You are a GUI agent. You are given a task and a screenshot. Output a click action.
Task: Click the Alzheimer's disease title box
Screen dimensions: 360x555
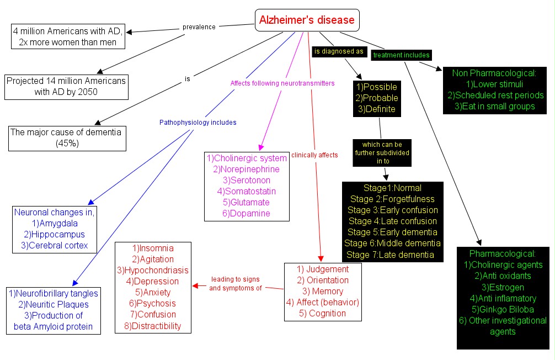click(x=307, y=20)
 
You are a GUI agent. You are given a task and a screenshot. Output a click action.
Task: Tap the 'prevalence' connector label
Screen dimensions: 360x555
click(x=199, y=27)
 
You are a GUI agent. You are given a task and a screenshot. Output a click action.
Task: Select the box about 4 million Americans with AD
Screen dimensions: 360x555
click(x=68, y=36)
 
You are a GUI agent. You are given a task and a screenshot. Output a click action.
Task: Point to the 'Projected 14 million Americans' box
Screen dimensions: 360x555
click(x=66, y=86)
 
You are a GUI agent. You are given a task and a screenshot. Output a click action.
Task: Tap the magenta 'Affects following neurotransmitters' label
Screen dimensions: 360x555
click(x=282, y=83)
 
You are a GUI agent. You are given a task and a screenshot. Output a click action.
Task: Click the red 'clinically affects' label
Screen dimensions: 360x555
click(x=314, y=155)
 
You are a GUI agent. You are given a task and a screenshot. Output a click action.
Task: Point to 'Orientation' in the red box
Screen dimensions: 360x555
click(x=323, y=280)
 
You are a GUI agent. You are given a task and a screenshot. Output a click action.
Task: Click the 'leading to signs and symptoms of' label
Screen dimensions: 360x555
click(x=234, y=283)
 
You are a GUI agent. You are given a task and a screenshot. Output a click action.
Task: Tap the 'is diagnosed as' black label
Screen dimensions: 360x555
click(x=338, y=51)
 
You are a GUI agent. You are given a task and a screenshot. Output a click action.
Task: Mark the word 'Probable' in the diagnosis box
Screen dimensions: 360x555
click(x=377, y=98)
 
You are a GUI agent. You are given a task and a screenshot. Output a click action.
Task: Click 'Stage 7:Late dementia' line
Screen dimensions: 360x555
click(x=392, y=255)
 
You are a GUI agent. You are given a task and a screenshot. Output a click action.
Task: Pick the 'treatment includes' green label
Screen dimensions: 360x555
click(x=401, y=55)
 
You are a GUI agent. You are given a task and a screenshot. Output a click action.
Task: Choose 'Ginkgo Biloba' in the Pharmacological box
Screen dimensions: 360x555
click(x=503, y=309)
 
